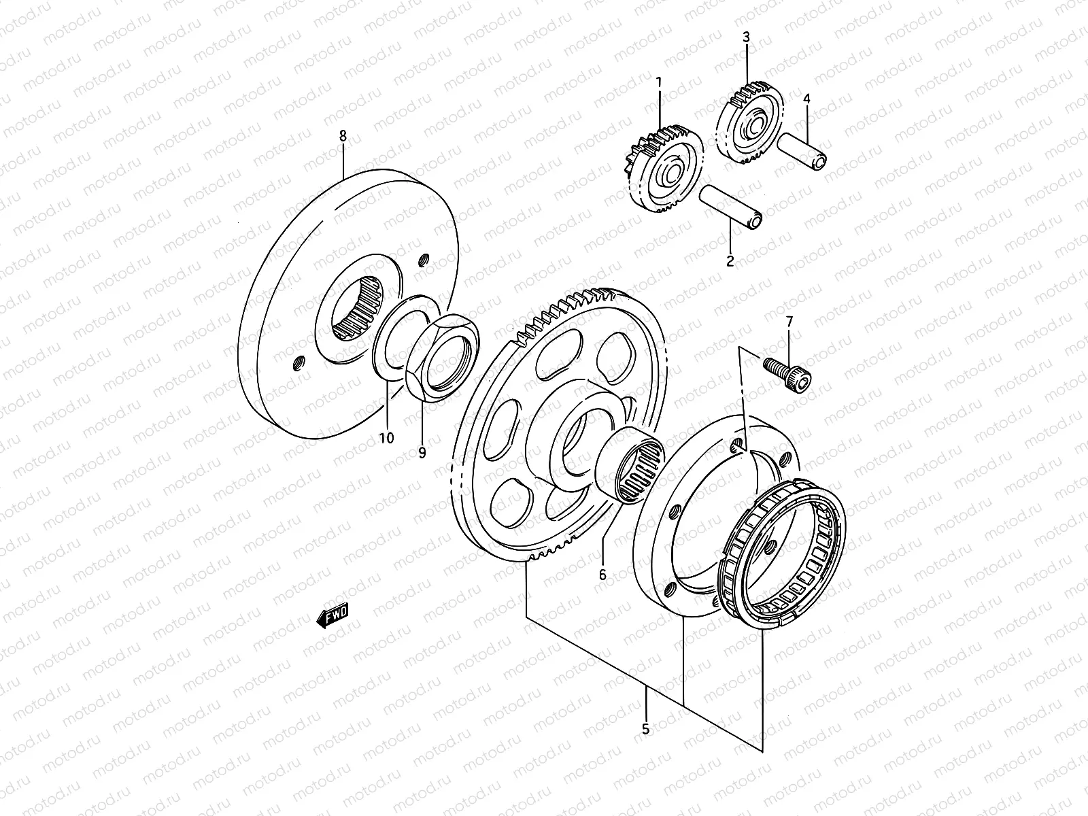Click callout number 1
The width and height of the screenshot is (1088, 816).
[x=658, y=83]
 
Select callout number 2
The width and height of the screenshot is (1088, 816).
[x=730, y=260]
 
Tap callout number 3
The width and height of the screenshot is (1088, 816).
[x=746, y=37]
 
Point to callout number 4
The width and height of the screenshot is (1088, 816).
[x=806, y=99]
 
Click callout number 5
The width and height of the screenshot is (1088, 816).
[x=645, y=729]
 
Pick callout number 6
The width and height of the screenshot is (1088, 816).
[x=602, y=575]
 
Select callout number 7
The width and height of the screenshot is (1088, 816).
[x=789, y=321]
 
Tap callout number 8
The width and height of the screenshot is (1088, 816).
[x=343, y=137]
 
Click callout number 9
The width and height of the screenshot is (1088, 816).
[x=422, y=453]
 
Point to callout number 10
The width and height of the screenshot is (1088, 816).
[x=386, y=439]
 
